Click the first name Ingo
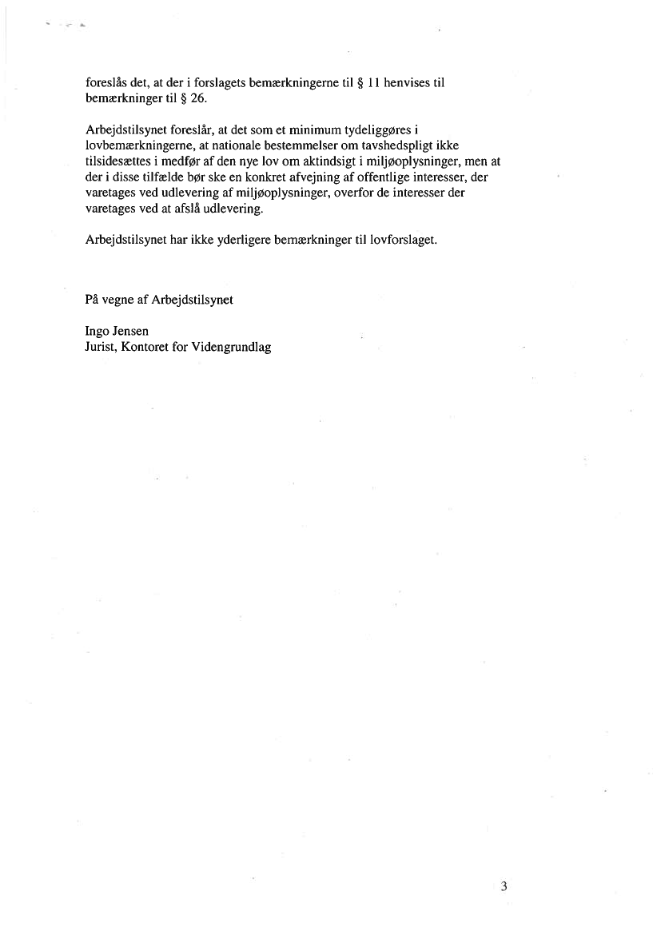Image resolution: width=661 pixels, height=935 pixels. tap(97, 331)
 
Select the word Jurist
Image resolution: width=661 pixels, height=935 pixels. tap(101, 348)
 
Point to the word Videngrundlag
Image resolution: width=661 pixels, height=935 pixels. tap(232, 348)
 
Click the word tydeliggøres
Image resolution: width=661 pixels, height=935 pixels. tap(405, 130)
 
